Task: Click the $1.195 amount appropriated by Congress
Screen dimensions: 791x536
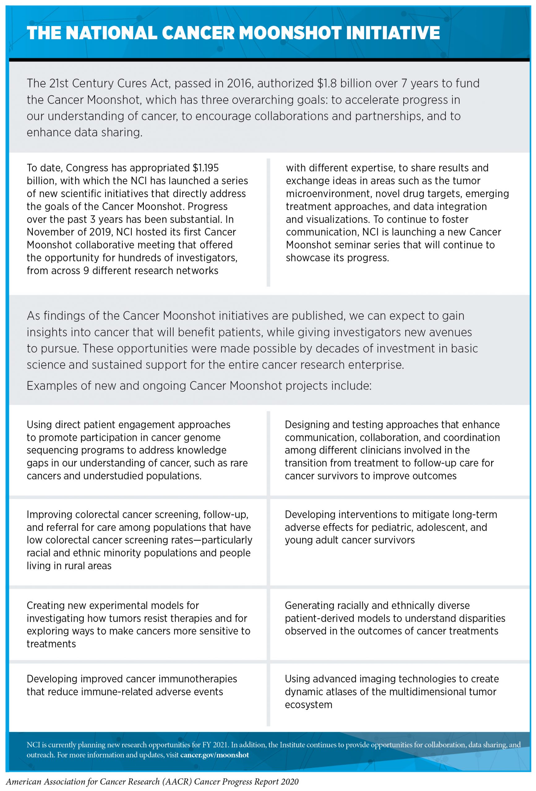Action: click(205, 168)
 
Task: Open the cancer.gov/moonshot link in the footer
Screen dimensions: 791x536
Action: click(215, 762)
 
